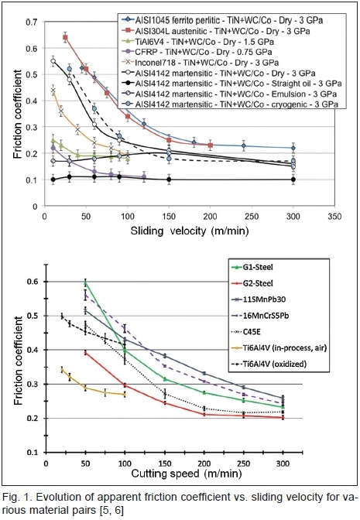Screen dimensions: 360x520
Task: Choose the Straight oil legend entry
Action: pyautogui.click(x=232, y=84)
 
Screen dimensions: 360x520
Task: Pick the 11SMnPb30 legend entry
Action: pyautogui.click(x=258, y=299)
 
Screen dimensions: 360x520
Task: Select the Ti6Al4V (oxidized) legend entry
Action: pyautogui.click(x=268, y=364)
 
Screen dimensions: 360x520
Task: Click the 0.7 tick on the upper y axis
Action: pyautogui.click(x=32, y=22)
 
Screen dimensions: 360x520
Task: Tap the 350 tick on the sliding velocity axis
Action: pyautogui.click(x=334, y=217)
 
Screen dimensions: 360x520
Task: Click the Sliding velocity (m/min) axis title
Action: pyautogui.click(x=190, y=231)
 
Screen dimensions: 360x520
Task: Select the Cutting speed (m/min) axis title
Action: pyautogui.click(x=187, y=474)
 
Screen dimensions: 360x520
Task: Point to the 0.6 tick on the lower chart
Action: pyautogui.click(x=35, y=282)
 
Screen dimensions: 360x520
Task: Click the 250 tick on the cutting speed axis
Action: pyautogui.click(x=244, y=463)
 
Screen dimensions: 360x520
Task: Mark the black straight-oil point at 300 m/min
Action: pyautogui.click(x=293, y=180)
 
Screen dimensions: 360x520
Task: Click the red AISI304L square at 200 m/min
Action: pyautogui.click(x=210, y=145)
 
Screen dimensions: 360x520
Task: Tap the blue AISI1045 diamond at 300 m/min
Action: pyautogui.click(x=293, y=148)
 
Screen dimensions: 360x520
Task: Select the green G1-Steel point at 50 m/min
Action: pyautogui.click(x=86, y=283)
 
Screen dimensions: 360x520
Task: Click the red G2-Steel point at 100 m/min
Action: pyautogui.click(x=125, y=385)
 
